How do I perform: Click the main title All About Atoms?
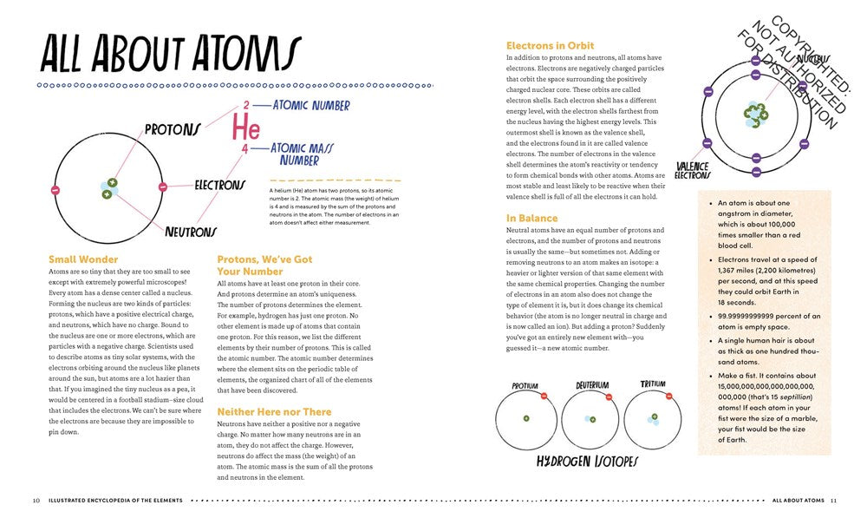coord(170,54)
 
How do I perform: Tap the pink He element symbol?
coord(244,128)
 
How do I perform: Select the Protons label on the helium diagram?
coord(173,129)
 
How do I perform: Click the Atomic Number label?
coord(311,106)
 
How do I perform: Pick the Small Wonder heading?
coord(83,259)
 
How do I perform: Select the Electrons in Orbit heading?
coord(550,45)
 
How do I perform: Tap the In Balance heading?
coord(532,218)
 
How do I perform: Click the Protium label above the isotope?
coord(525,385)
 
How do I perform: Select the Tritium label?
coord(653,384)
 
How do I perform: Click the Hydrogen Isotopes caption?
coord(587,461)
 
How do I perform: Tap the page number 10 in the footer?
coord(36,501)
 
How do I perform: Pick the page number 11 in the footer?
coord(832,501)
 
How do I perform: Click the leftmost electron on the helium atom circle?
coord(55,189)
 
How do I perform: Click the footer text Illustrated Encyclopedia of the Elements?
coord(115,501)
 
